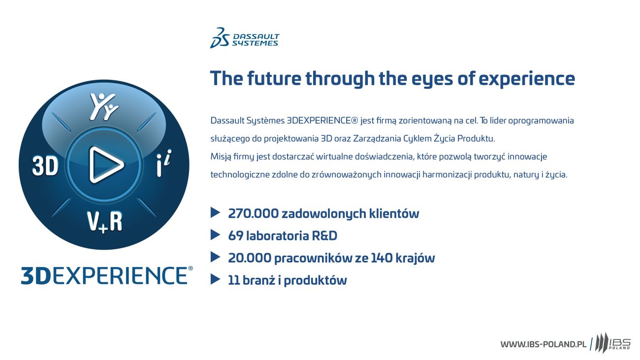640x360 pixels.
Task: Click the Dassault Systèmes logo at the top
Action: [x=245, y=38]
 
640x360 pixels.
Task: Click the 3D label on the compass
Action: [x=45, y=165]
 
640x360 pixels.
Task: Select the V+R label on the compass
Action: [x=104, y=222]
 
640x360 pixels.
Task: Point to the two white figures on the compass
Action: [x=104, y=106]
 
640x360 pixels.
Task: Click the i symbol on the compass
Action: [x=163, y=163]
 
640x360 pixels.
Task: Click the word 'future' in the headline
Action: [x=274, y=78]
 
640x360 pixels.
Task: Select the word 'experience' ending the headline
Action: [x=527, y=80]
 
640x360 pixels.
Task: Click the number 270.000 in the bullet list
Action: [x=253, y=213]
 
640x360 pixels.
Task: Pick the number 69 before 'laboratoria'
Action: [x=236, y=236]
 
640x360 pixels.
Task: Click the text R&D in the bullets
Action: [x=324, y=236]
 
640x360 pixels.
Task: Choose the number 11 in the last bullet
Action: [x=233, y=280]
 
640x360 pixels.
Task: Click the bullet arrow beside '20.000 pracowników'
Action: [x=215, y=257]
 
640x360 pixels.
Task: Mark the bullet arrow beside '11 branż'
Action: [x=215, y=279]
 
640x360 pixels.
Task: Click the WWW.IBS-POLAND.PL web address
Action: [x=543, y=344]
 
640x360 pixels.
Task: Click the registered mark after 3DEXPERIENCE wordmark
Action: [x=191, y=268]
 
